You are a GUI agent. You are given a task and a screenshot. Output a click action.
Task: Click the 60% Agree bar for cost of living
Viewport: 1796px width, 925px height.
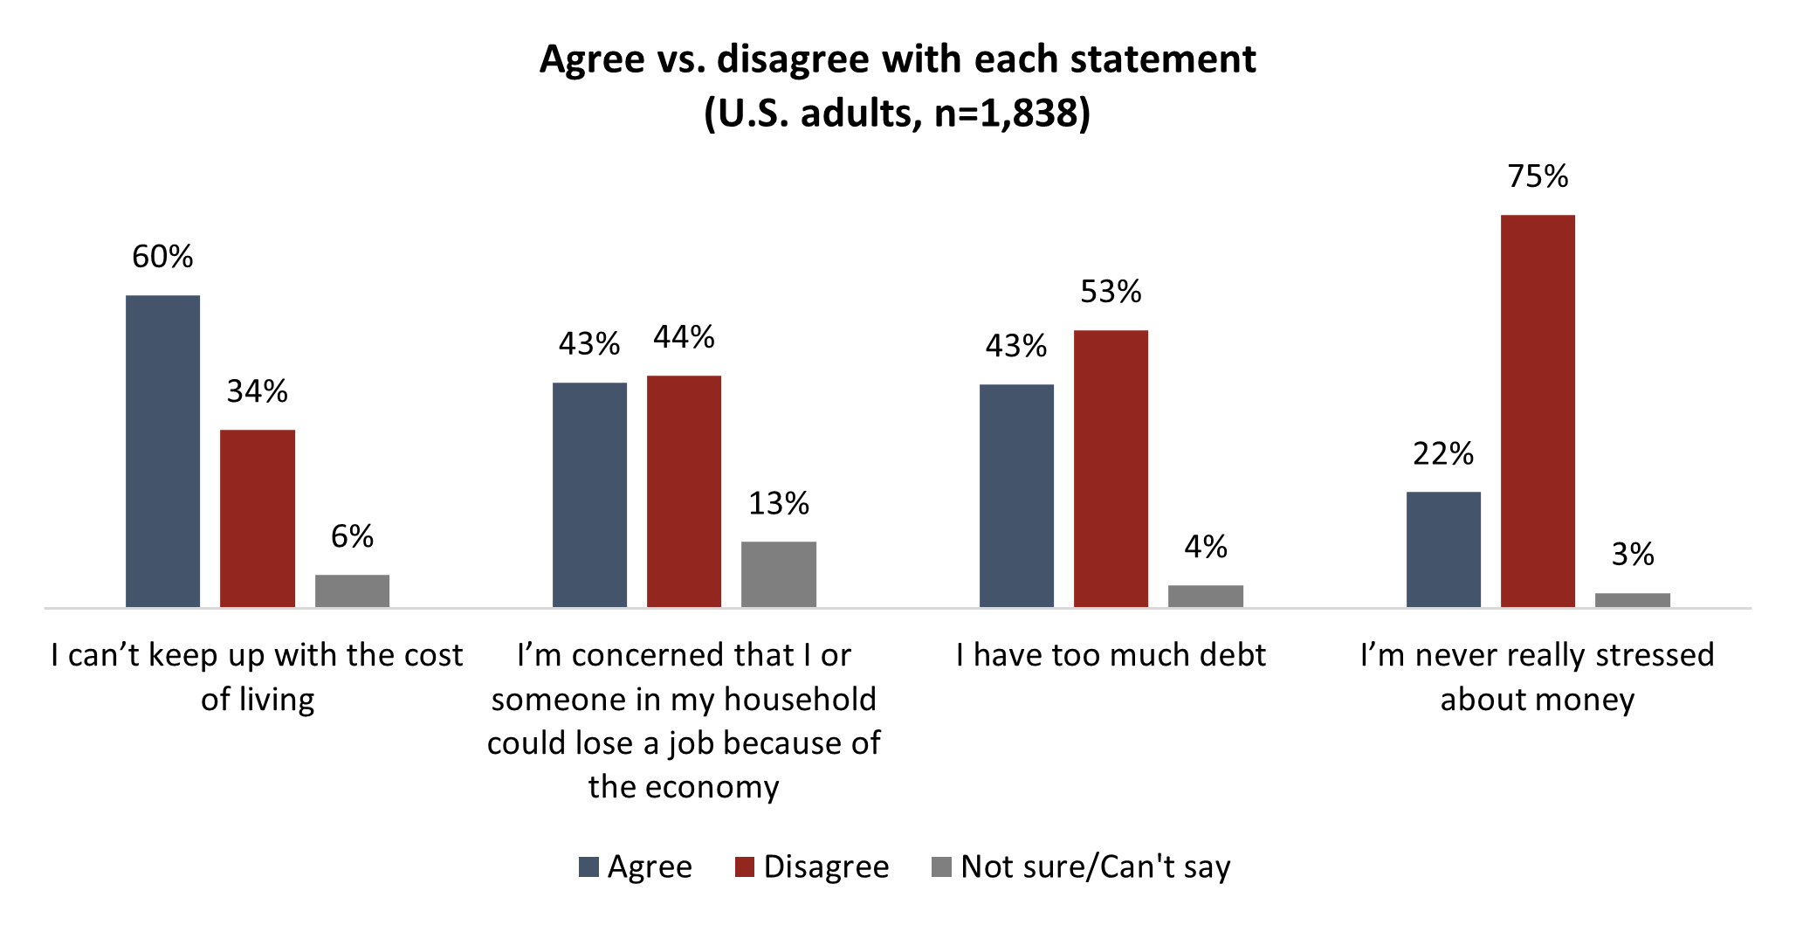tap(162, 451)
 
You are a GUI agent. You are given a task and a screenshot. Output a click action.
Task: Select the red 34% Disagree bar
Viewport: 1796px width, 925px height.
tap(257, 518)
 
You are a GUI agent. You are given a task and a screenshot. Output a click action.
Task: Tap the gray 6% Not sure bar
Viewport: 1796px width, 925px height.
tap(352, 590)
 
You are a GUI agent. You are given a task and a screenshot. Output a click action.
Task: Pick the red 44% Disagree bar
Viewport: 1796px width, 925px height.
tap(684, 491)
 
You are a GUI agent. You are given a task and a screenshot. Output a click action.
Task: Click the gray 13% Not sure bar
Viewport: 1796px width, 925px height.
tap(778, 574)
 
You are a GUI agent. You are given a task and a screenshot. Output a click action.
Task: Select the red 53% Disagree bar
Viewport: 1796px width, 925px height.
tap(1111, 468)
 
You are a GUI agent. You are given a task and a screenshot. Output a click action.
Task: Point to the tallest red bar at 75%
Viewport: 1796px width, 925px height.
tap(1538, 411)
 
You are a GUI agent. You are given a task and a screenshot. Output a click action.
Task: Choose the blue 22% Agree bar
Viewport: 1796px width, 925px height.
tap(1443, 549)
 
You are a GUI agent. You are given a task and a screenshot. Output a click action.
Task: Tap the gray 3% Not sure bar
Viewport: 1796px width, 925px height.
tap(1632, 600)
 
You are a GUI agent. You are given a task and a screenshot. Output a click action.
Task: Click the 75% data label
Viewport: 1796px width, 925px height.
tap(1538, 176)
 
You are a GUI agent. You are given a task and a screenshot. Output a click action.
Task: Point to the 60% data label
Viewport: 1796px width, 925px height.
tap(162, 257)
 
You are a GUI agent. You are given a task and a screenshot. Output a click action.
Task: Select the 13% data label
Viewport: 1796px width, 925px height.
tap(778, 504)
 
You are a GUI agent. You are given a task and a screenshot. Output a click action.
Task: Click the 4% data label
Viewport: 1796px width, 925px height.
tap(1205, 548)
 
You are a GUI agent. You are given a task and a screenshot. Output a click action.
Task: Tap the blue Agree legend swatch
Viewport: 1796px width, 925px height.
tap(589, 866)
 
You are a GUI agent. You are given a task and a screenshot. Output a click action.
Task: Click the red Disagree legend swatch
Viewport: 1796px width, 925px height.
tap(745, 866)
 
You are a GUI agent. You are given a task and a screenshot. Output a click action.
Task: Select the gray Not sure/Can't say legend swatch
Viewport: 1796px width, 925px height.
tap(941, 866)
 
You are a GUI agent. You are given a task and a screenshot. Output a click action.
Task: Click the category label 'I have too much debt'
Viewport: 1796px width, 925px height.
tap(1111, 655)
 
